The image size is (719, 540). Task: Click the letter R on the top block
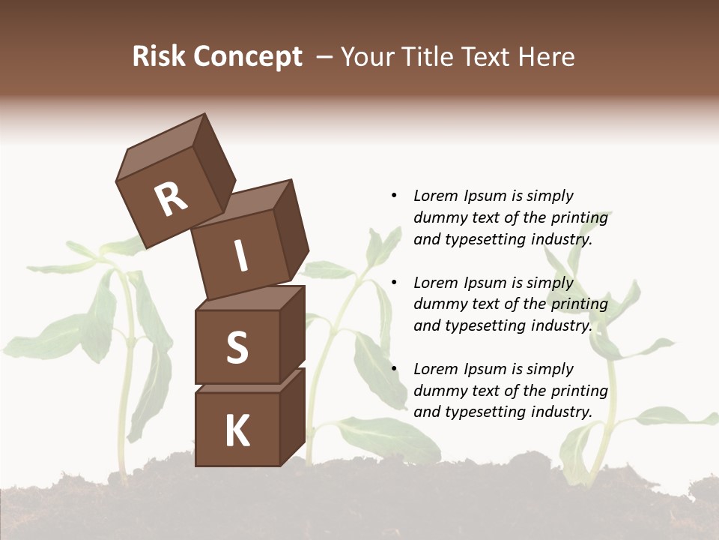tap(171, 199)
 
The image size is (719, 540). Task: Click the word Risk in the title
tap(159, 56)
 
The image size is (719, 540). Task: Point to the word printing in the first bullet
tap(580, 218)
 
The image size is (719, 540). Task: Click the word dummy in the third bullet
tap(437, 391)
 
